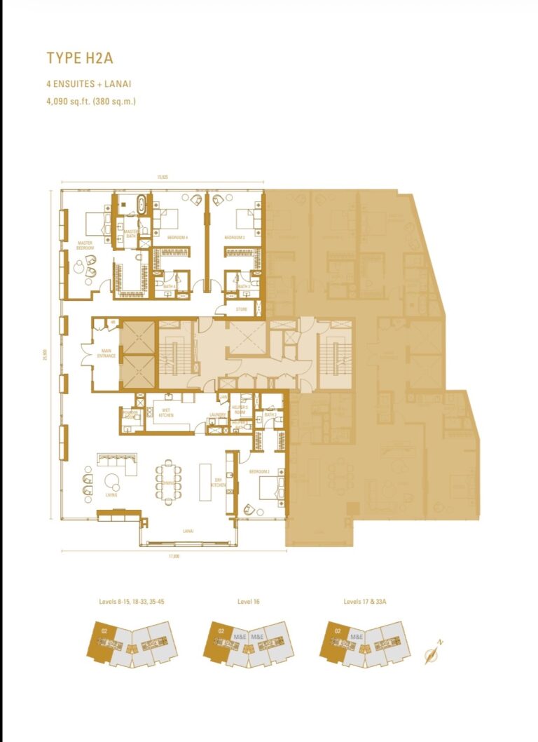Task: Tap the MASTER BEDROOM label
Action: pyautogui.click(x=85, y=246)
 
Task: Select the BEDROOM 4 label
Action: pyautogui.click(x=177, y=238)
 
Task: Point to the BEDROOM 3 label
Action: pyautogui.click(x=234, y=238)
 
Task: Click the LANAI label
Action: pyautogui.click(x=188, y=530)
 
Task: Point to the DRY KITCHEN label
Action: pyautogui.click(x=218, y=483)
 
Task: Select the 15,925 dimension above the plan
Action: pyautogui.click(x=163, y=177)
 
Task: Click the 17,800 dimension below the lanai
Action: pyautogui.click(x=174, y=557)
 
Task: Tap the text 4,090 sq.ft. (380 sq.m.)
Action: pyautogui.click(x=91, y=101)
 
